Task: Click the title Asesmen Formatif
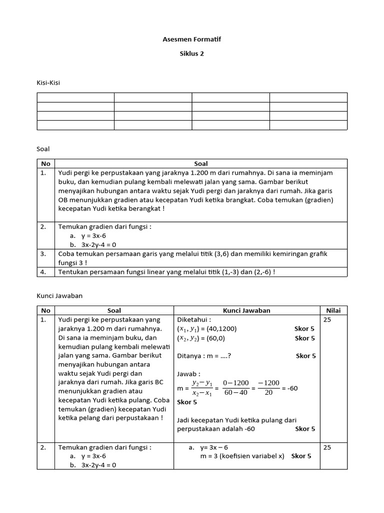(x=192, y=39)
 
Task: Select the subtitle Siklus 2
(x=192, y=54)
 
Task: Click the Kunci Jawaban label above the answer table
(x=59, y=296)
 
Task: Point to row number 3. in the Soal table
(x=43, y=254)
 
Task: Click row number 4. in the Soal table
(x=43, y=272)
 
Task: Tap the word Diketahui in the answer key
(x=194, y=320)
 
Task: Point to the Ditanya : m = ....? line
(x=204, y=356)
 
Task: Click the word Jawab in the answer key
(x=188, y=374)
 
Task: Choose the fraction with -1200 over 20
(x=268, y=388)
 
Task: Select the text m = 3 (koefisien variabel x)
(x=242, y=456)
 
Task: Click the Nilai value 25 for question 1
(x=328, y=320)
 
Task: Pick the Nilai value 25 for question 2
(x=328, y=447)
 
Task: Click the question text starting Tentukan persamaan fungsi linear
(x=166, y=272)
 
